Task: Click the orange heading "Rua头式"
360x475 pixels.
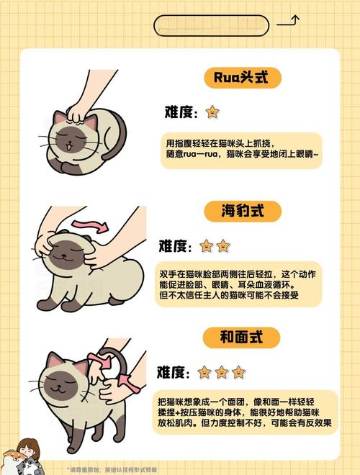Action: (241, 78)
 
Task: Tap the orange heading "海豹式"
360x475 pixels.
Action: (241, 212)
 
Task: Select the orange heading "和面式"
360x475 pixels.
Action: (241, 337)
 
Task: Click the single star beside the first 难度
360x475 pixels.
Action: (212, 112)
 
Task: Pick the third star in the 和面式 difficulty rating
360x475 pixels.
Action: (238, 372)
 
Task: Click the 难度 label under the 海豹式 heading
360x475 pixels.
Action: (175, 246)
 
